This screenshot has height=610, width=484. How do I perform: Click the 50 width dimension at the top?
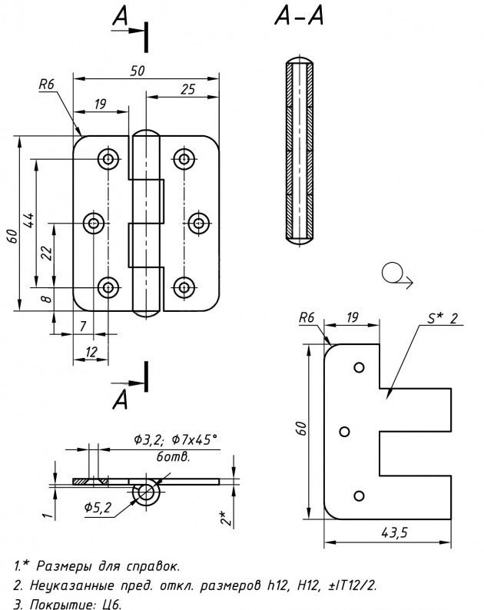pos(138,70)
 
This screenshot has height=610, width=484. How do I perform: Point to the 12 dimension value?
pos(91,351)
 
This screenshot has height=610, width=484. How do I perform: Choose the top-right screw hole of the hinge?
pos(183,159)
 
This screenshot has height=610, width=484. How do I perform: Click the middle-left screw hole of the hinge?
pos(94,224)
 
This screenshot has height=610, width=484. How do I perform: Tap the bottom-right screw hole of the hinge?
pos(183,287)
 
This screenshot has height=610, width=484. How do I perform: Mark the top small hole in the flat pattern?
pos(358,368)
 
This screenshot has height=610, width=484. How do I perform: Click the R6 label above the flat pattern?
pos(308,317)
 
